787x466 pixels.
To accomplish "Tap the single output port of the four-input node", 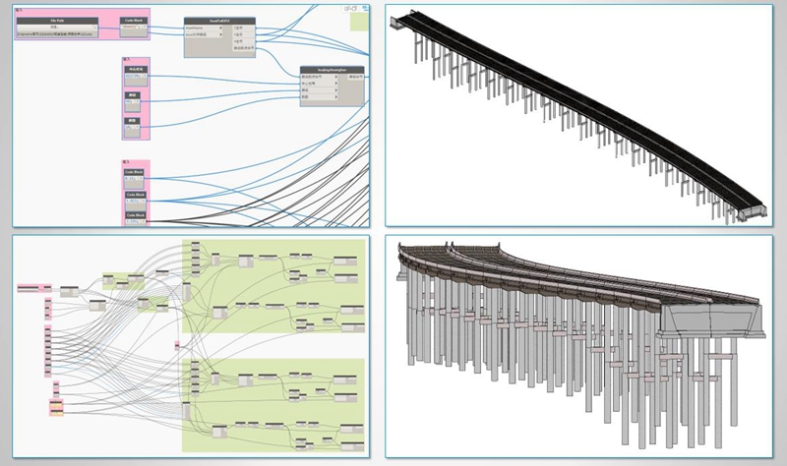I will point(356,77).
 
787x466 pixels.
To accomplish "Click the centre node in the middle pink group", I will point(133,100).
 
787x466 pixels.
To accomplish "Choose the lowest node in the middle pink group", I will point(133,126).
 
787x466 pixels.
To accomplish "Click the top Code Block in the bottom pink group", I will point(134,174).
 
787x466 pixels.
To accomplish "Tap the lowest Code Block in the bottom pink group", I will point(134,217).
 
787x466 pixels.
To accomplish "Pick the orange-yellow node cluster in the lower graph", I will point(57,406).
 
